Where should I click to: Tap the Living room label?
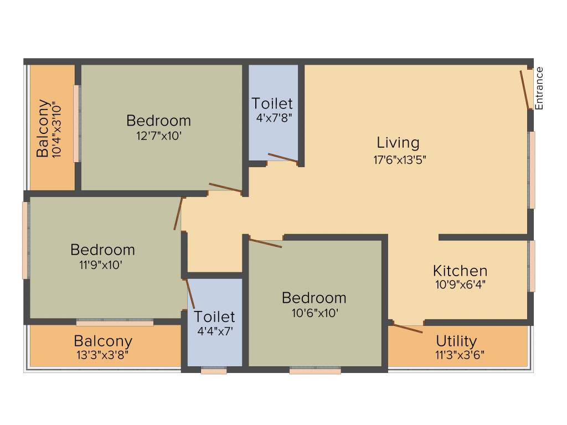(398, 143)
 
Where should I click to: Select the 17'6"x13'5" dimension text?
(399, 159)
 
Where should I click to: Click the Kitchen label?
(460, 271)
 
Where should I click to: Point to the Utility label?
(456, 340)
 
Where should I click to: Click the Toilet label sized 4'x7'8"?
(272, 103)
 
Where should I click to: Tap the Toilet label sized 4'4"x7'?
(214, 317)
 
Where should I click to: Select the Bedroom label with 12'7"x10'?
(158, 120)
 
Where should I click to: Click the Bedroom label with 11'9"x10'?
(102, 250)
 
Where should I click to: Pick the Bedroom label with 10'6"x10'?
(314, 298)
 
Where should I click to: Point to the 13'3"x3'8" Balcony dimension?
(104, 355)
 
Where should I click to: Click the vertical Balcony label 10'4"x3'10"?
(42, 129)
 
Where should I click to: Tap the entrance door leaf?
(524, 90)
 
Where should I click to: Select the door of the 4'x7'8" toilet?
(283, 158)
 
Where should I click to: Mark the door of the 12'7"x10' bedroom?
(225, 188)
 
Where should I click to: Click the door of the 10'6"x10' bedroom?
(266, 242)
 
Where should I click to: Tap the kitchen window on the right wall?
(532, 266)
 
